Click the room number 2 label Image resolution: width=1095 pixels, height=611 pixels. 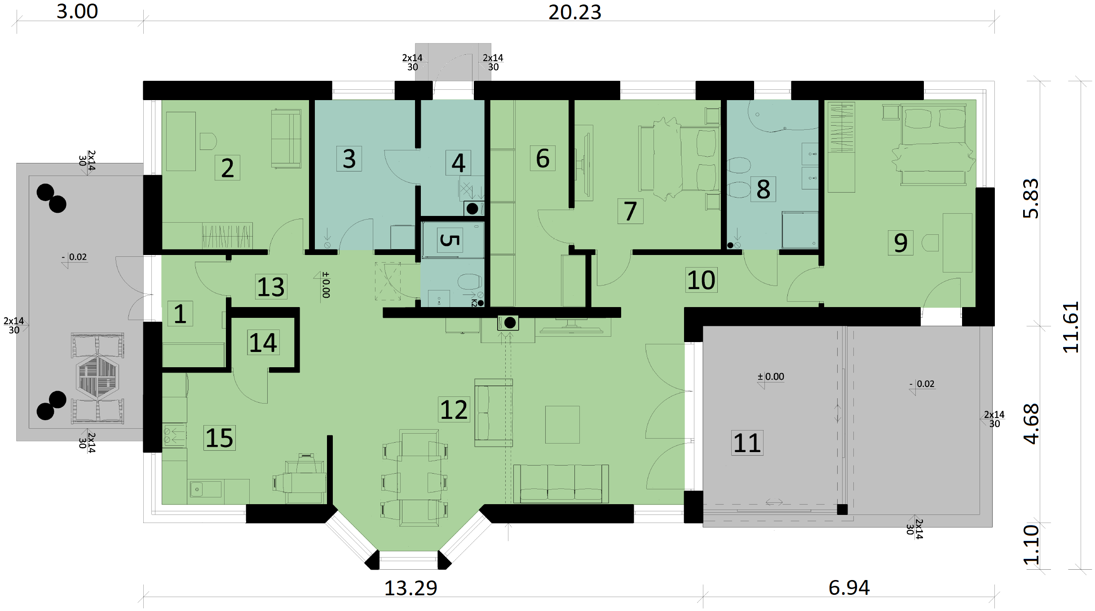click(x=227, y=168)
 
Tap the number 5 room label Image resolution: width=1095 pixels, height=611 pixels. click(x=450, y=240)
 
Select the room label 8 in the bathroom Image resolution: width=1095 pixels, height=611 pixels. click(x=763, y=189)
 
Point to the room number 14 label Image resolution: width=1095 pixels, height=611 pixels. click(x=263, y=343)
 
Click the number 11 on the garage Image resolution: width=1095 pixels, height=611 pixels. click(x=747, y=443)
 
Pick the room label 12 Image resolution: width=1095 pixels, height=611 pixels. click(x=454, y=409)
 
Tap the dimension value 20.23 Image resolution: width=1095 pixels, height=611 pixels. click(x=574, y=12)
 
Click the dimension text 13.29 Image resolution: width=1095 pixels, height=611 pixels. click(x=411, y=588)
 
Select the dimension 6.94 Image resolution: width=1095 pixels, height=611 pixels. click(x=849, y=588)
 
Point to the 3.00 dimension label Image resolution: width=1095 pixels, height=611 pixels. click(x=77, y=11)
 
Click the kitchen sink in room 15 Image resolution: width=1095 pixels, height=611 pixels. click(x=205, y=489)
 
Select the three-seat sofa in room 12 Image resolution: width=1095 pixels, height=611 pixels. click(x=561, y=484)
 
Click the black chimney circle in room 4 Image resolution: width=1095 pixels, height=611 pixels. click(x=472, y=208)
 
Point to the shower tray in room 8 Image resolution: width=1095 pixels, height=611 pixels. click(x=800, y=230)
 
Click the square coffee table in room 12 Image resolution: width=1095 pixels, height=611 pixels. click(x=562, y=425)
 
